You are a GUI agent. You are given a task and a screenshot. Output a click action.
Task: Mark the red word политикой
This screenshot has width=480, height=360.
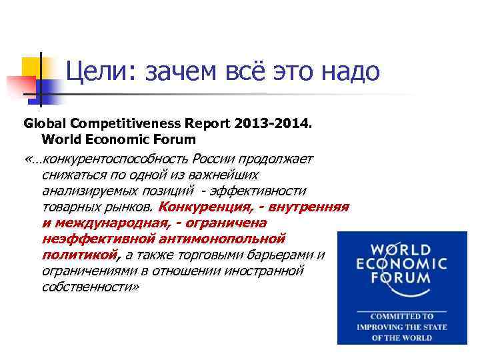tap(79, 255)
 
